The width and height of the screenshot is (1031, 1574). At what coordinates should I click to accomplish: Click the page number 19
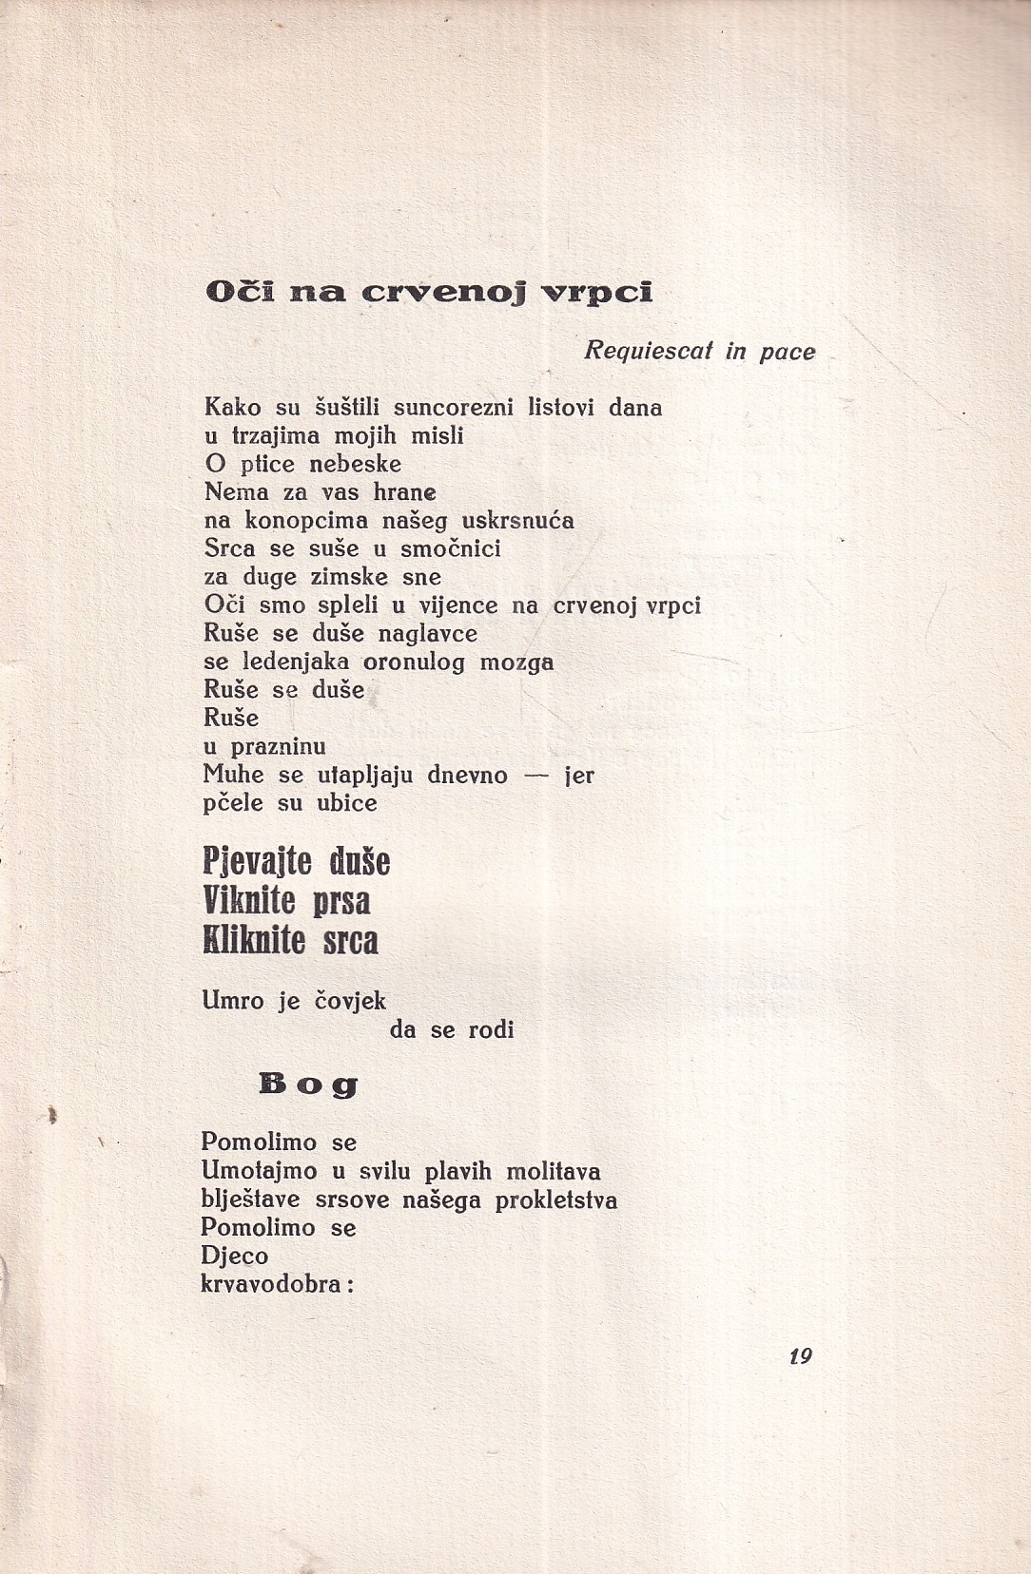click(801, 1356)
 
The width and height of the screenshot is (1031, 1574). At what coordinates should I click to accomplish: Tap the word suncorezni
click(453, 408)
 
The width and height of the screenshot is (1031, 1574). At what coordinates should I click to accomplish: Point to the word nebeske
click(356, 464)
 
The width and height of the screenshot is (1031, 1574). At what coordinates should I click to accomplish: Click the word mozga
click(516, 662)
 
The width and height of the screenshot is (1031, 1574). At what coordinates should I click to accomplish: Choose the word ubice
click(348, 803)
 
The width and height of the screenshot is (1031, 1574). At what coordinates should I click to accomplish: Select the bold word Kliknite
click(254, 941)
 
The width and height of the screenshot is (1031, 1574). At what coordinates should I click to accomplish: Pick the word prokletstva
click(555, 1200)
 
